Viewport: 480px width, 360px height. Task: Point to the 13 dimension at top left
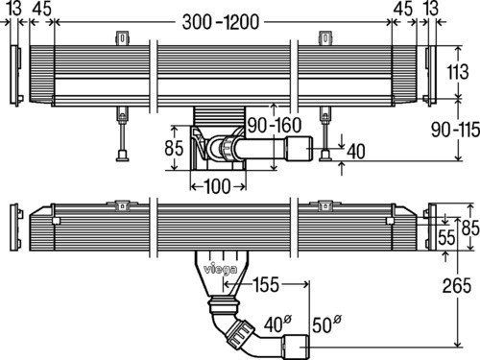12,10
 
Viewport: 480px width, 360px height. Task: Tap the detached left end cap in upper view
12,72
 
